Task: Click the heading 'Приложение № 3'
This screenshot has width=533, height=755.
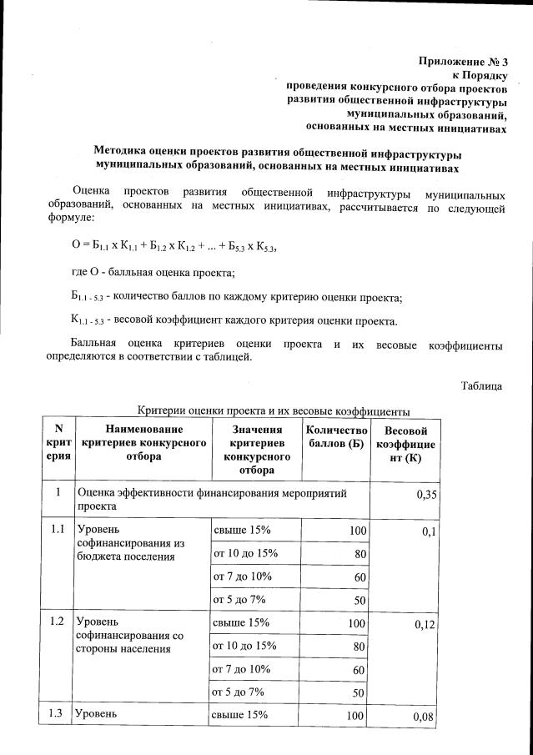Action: pyautogui.click(x=462, y=62)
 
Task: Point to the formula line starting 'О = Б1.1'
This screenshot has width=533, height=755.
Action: pyautogui.click(x=173, y=246)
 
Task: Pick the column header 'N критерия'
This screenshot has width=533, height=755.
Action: pyautogui.click(x=58, y=443)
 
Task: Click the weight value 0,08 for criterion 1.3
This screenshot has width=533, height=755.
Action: pyautogui.click(x=425, y=717)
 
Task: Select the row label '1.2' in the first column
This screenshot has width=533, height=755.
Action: pyautogui.click(x=57, y=622)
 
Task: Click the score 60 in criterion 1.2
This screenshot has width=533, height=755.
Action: pyautogui.click(x=358, y=670)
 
